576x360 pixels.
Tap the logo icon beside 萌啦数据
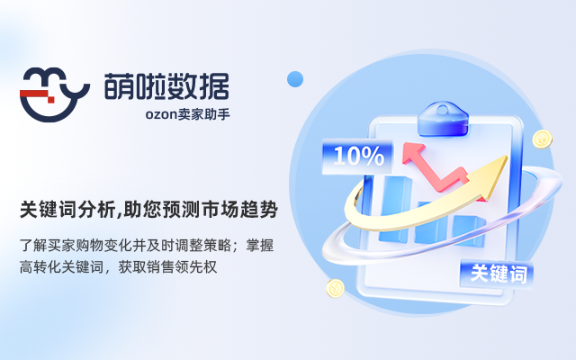click(x=54, y=91)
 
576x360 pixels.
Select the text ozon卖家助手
click(x=193, y=115)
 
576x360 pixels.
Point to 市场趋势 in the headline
click(x=238, y=211)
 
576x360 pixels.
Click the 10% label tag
click(x=358, y=156)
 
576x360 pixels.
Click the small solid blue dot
click(x=294, y=79)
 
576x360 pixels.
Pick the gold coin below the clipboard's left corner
click(x=336, y=289)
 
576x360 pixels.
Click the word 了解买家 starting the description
click(x=46, y=244)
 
